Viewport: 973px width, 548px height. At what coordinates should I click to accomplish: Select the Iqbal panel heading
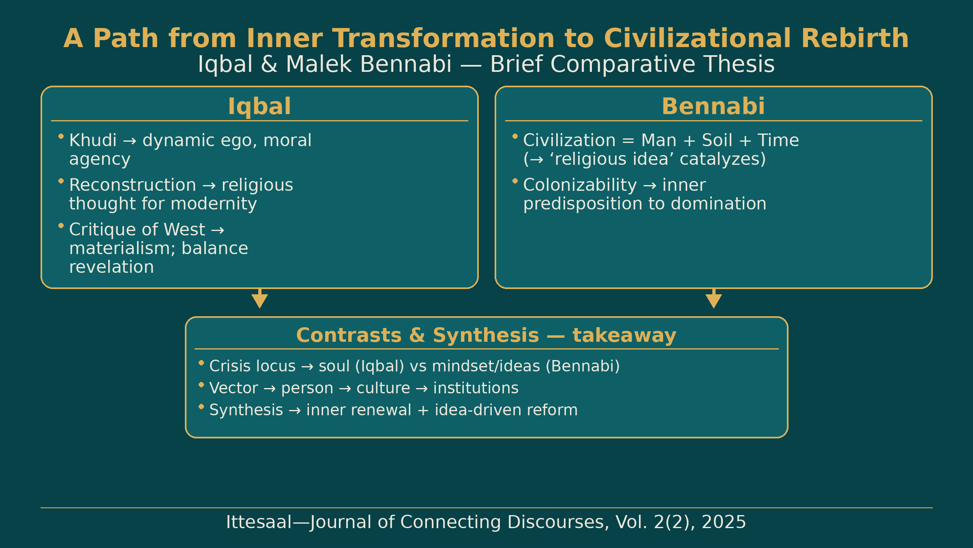[x=259, y=107]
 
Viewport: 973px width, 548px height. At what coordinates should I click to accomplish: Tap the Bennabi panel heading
[x=714, y=106]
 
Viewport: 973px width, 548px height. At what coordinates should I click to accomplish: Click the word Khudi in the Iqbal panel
[x=93, y=140]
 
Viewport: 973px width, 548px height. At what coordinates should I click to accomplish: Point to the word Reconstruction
[x=133, y=185]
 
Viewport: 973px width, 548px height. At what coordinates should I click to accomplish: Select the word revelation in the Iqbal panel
[x=111, y=267]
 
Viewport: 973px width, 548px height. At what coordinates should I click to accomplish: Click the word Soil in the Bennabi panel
[x=717, y=140]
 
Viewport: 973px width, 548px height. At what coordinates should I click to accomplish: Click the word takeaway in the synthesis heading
[x=624, y=336]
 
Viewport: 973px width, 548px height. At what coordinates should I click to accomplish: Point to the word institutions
[x=476, y=388]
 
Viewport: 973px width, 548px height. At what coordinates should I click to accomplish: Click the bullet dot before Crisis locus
[x=201, y=363]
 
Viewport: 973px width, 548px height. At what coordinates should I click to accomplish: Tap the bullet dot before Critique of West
[x=61, y=226]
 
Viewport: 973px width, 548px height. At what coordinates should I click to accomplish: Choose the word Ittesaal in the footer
[x=259, y=522]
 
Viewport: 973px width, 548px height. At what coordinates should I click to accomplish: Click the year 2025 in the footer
[x=724, y=522]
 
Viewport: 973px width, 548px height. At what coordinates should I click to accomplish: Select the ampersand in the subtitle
[x=269, y=65]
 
